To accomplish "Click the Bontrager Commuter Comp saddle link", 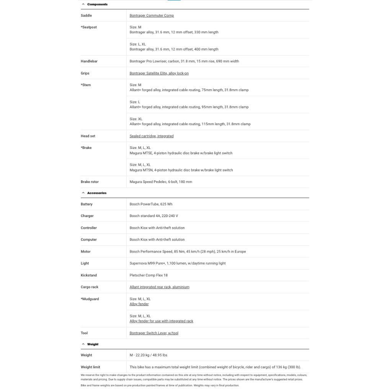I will click(x=152, y=16).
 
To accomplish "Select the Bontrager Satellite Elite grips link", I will click(x=159, y=73).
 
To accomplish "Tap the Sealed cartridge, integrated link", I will click(x=152, y=136).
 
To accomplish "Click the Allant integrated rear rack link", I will click(x=159, y=287).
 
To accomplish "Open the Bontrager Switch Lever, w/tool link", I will click(x=154, y=333).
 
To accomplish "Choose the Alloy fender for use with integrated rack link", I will click(x=161, y=321).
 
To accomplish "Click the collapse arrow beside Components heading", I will click(x=83, y=4).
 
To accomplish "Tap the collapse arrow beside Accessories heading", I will click(x=83, y=193).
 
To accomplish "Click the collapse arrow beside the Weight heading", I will click(x=83, y=344).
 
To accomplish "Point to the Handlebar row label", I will click(x=89, y=61).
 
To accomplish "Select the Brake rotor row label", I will click(x=90, y=182).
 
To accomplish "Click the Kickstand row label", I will click(x=89, y=275).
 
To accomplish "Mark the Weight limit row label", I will click(x=90, y=367).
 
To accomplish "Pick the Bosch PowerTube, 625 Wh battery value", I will click(x=151, y=204).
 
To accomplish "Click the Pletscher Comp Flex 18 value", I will click(x=149, y=275).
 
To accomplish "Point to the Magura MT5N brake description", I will click(x=181, y=170).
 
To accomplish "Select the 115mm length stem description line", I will click(x=190, y=124).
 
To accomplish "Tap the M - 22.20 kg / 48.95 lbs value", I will click(x=149, y=355).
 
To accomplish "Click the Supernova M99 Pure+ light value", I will click(x=178, y=263).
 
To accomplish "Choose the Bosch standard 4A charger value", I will click(x=154, y=216).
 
